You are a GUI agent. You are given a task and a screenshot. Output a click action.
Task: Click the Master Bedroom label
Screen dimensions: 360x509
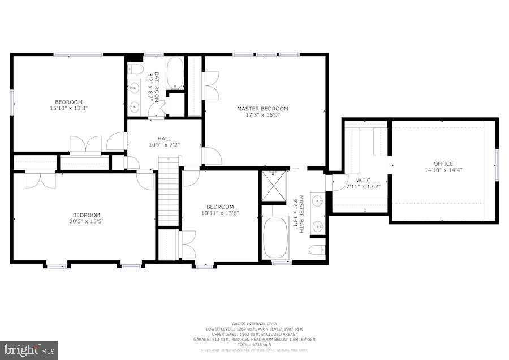point(262,109)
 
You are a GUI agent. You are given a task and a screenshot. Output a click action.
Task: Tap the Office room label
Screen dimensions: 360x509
point(443,164)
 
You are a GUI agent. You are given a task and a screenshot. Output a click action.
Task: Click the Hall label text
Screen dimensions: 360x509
point(164,138)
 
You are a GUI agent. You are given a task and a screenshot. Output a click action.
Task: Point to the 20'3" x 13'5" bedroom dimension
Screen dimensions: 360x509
point(86,221)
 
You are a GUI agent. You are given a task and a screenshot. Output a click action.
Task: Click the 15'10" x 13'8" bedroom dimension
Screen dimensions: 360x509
point(68,108)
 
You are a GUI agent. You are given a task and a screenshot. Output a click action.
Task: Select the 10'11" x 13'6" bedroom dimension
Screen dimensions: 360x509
point(220,213)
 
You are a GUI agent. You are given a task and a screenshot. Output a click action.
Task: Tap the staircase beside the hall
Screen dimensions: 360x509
point(169,192)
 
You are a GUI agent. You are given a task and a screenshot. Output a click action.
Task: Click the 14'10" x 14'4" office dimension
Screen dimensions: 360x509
point(443,170)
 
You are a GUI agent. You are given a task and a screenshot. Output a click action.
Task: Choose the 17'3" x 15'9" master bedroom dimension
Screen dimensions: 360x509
point(262,114)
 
